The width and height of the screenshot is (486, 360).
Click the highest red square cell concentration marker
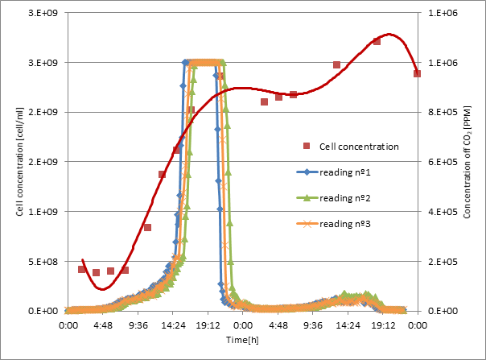point(377,41)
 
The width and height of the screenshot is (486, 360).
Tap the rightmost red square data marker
point(417,73)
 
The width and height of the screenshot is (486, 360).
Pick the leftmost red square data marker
point(82,269)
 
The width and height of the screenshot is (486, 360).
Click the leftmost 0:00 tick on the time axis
point(69,325)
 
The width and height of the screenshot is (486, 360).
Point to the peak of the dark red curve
point(389,34)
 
